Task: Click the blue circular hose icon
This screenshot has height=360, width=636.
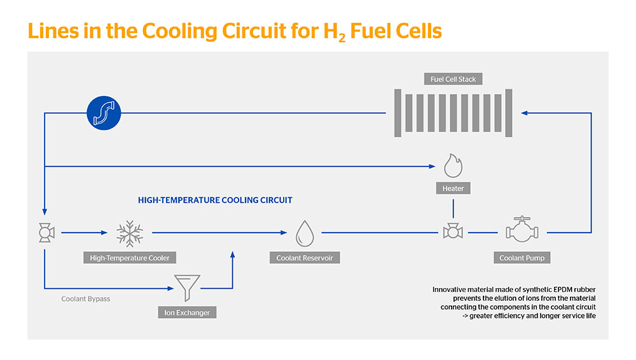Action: (x=102, y=114)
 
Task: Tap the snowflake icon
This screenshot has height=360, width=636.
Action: (x=130, y=233)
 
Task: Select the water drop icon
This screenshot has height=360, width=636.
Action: (x=305, y=233)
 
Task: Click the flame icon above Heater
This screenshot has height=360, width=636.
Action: (x=453, y=165)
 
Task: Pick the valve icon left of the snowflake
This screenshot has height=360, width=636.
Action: (x=45, y=233)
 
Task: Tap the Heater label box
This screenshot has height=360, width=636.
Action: (x=453, y=188)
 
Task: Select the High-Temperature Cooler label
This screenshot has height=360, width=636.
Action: (x=129, y=258)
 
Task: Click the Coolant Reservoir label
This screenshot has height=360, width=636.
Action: (x=305, y=258)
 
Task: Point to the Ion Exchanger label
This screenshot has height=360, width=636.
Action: (x=188, y=312)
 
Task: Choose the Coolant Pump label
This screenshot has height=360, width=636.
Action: (x=522, y=258)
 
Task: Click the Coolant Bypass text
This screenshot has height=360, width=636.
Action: (x=86, y=299)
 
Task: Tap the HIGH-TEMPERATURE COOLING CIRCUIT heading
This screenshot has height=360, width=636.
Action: (x=215, y=200)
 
